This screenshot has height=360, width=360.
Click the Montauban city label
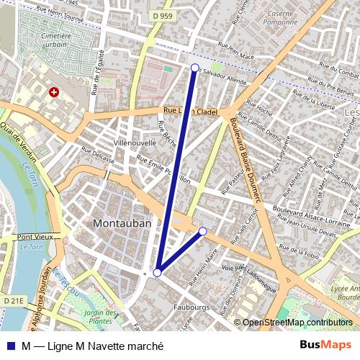coord(122,224)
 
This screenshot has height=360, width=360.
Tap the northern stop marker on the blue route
coord(194,68)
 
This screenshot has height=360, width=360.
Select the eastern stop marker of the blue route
coord(203,231)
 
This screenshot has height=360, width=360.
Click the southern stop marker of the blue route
coord(157,272)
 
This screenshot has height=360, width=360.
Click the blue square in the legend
coord(12,346)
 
